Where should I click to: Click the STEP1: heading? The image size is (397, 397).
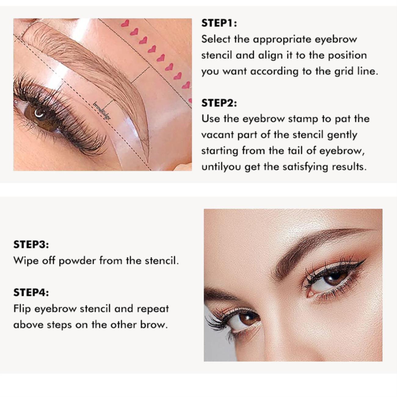point(219,23)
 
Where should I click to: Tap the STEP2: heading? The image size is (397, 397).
point(219,103)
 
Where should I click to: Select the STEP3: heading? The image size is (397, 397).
point(31,245)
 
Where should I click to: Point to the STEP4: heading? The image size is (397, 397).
point(31,292)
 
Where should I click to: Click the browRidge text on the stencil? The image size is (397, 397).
point(102,111)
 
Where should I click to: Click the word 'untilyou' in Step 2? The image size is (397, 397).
point(221,167)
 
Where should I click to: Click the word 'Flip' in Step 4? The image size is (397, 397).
point(22,309)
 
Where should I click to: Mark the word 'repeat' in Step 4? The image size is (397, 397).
point(153,309)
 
